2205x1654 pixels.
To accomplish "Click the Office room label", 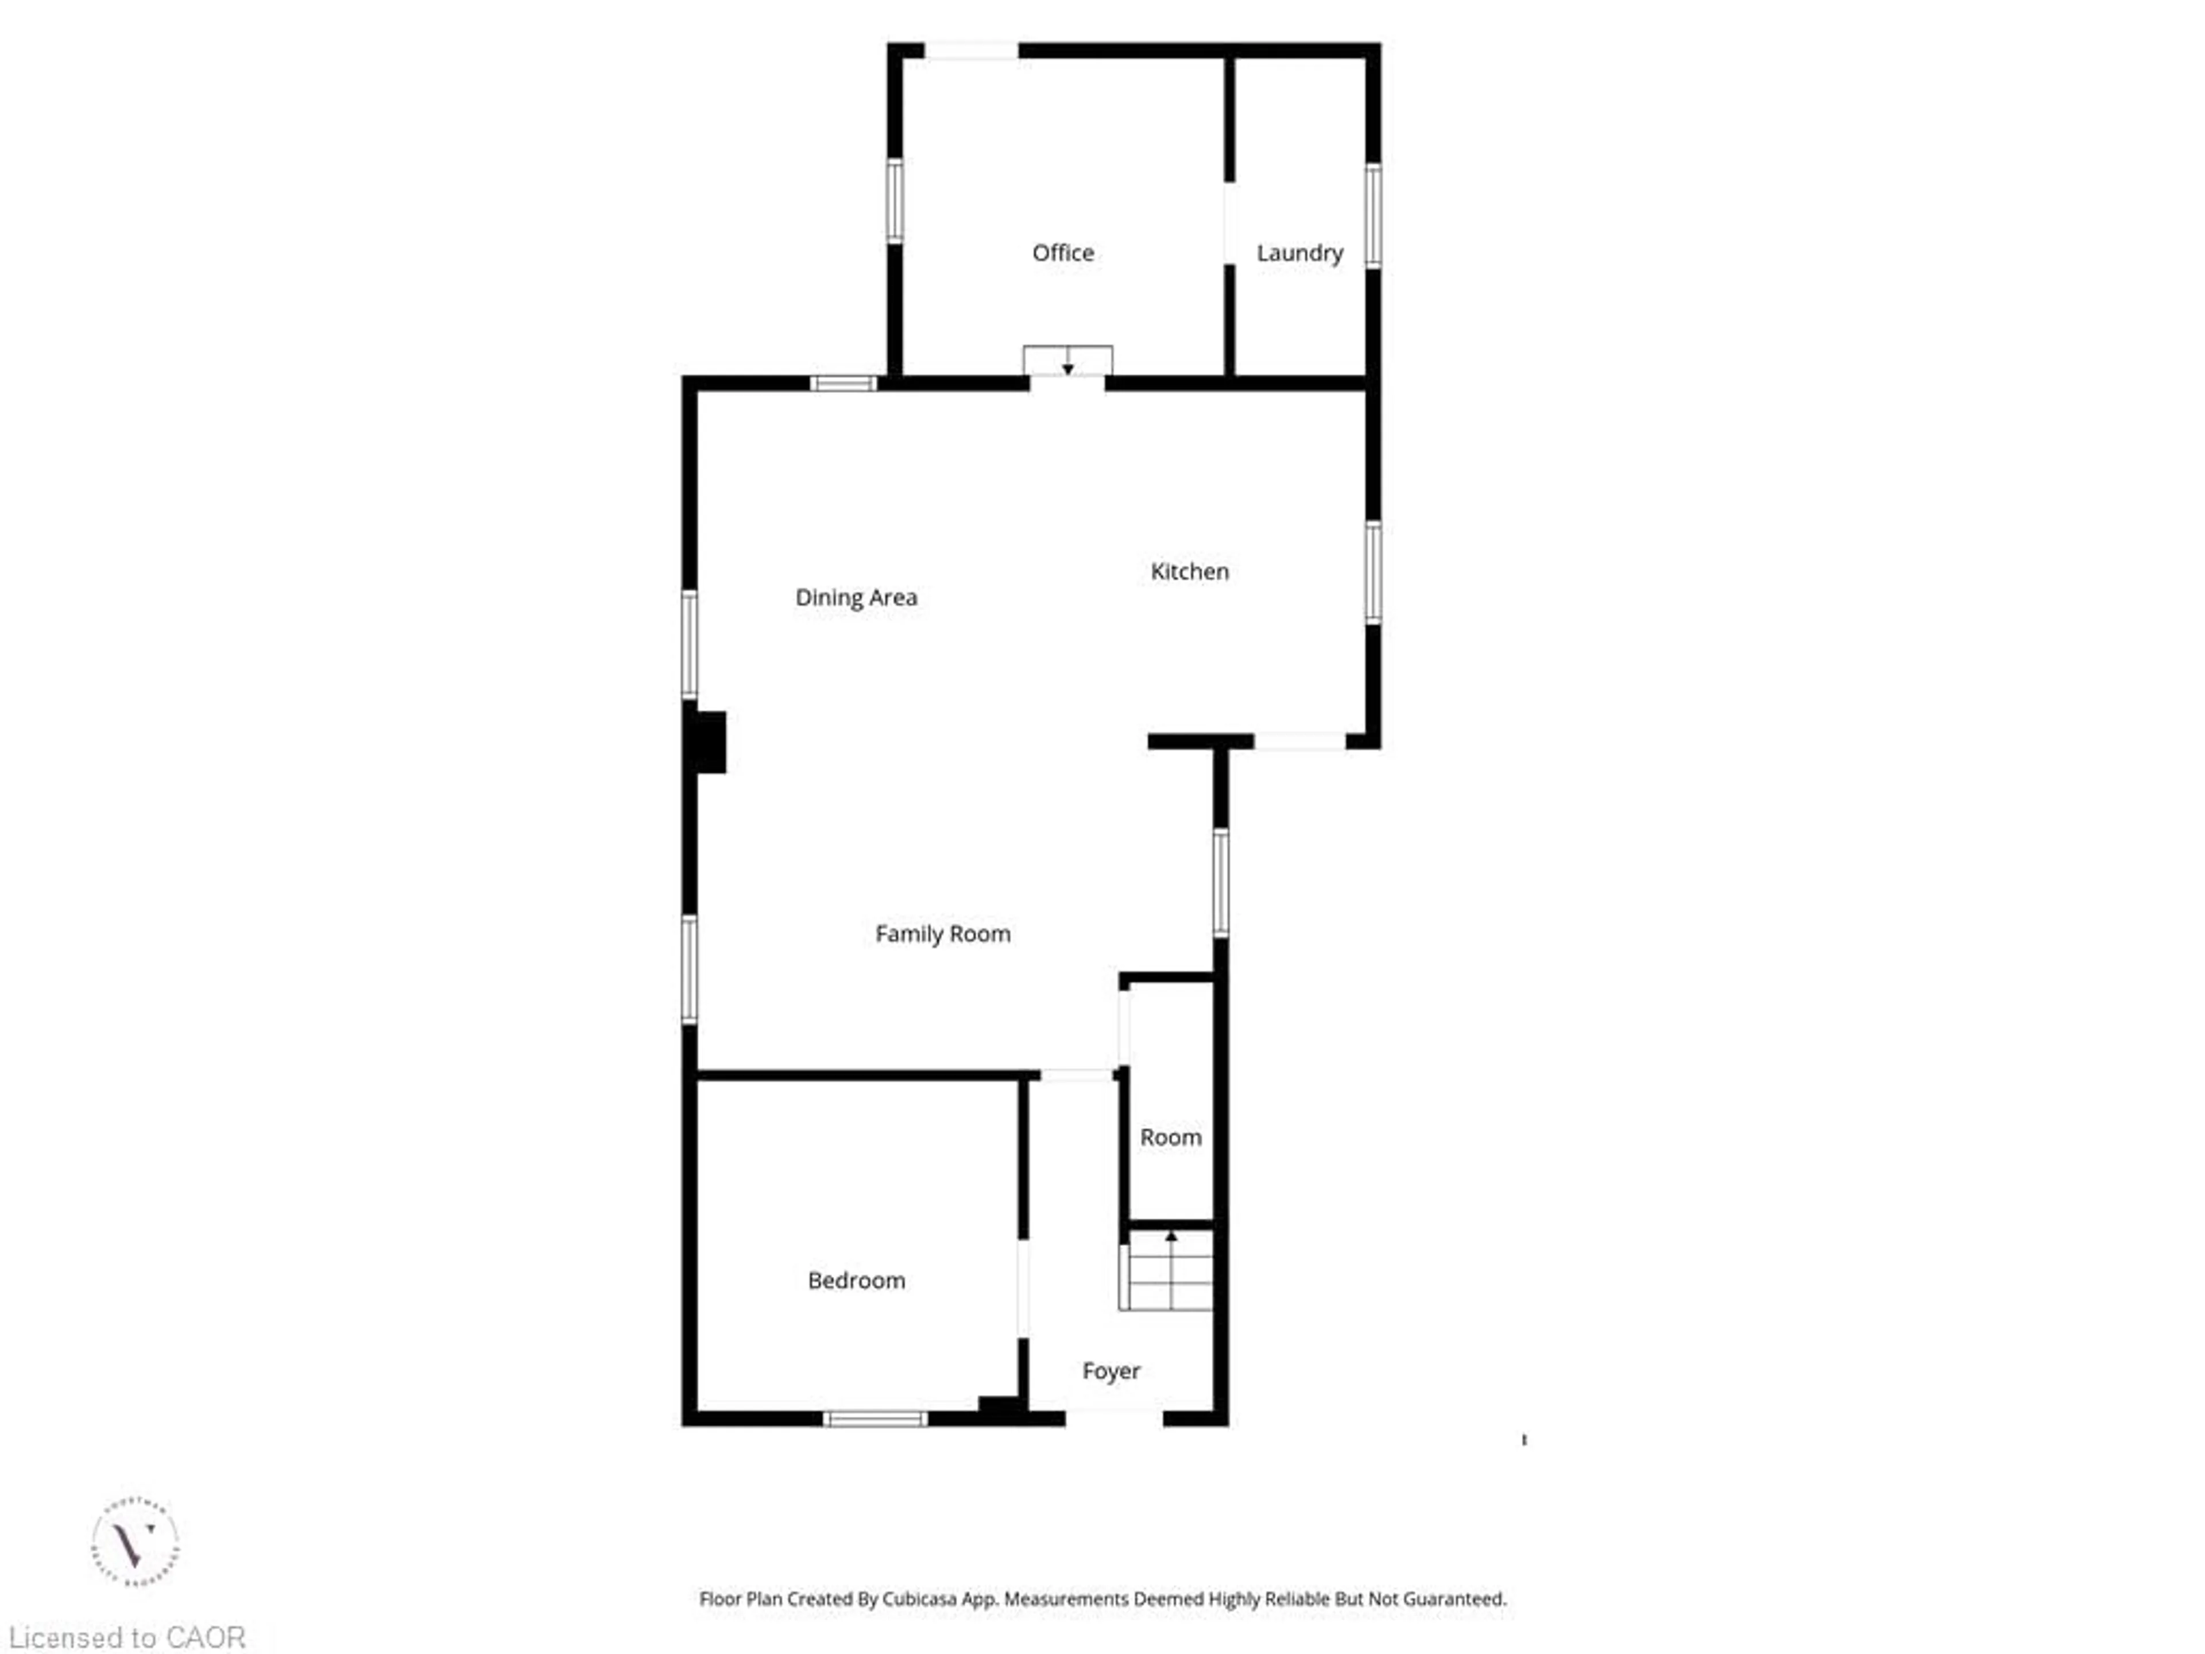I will pyautogui.click(x=1063, y=253).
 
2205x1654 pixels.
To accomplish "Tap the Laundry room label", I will pyautogui.click(x=1299, y=253).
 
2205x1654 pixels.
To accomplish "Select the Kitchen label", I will pyautogui.click(x=1189, y=571).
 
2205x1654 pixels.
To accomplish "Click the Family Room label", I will pyautogui.click(x=942, y=934).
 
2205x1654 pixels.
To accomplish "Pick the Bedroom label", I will pyautogui.click(x=856, y=1280).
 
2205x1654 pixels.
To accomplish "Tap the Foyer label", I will pyautogui.click(x=1111, y=1371).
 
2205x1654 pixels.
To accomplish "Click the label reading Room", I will pyautogui.click(x=1170, y=1138).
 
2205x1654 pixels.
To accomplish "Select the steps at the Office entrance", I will pyautogui.click(x=1067, y=360).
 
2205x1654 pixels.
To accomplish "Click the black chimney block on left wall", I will pyautogui.click(x=709, y=742).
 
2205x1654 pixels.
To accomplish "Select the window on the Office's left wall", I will pyautogui.click(x=895, y=200).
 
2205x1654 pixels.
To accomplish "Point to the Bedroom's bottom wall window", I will pyautogui.click(x=875, y=1419).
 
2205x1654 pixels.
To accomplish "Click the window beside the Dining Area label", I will pyautogui.click(x=689, y=644).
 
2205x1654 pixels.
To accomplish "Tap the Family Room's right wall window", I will pyautogui.click(x=1220, y=882).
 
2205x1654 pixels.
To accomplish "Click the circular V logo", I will pyautogui.click(x=136, y=1543).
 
